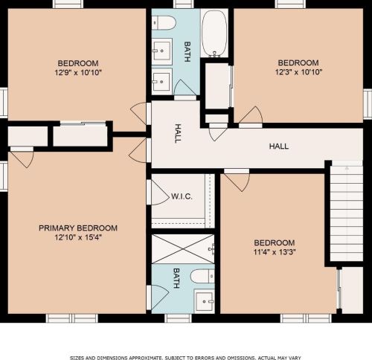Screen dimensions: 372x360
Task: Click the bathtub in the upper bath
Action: coord(214,33)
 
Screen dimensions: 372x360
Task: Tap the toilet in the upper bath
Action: coord(164,23)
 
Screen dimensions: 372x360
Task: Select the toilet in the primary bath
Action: coord(202,276)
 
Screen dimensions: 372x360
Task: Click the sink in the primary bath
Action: coord(204,300)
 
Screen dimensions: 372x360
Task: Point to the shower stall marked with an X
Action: coord(183,248)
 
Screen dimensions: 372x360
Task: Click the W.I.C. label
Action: coord(182,197)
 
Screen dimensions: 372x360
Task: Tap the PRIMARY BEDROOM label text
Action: coord(78,228)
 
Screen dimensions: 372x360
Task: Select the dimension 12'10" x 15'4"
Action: coord(78,237)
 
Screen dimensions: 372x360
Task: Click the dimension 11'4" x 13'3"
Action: coord(275,252)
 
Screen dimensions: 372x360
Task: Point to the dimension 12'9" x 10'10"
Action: coord(78,73)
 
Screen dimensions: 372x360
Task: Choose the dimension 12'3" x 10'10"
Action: coord(298,72)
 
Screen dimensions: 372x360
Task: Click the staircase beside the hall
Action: coord(347,213)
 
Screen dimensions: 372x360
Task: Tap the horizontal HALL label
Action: coord(279,147)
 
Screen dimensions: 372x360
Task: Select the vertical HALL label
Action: coord(178,133)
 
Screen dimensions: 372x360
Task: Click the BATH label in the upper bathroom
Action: coord(187,51)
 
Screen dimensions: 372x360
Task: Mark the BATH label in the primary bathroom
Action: coord(176,278)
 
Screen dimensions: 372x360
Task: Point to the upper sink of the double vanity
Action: coord(161,51)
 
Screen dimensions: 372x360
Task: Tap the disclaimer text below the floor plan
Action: coord(185,358)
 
